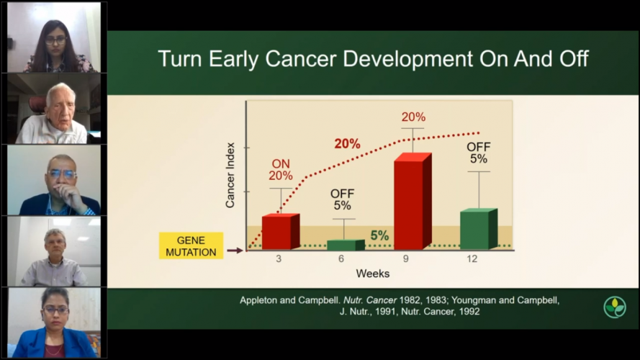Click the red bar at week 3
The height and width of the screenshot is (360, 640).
[280, 232]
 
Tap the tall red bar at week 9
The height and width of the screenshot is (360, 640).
[413, 202]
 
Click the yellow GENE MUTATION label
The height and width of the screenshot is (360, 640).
[190, 246]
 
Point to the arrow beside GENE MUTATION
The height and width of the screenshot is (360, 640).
[235, 251]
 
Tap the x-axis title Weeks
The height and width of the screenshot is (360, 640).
[372, 274]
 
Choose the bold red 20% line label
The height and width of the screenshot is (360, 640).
[347, 143]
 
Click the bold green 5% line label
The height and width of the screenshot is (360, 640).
[379, 235]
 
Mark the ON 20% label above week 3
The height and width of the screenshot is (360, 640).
[281, 169]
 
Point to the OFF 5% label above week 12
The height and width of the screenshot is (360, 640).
[479, 153]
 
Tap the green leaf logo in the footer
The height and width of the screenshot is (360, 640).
[614, 307]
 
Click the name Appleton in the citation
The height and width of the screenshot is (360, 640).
[264, 300]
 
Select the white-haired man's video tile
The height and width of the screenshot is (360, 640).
[54, 109]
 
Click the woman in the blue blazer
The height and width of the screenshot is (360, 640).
[54, 323]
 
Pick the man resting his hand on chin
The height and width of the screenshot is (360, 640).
[54, 180]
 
